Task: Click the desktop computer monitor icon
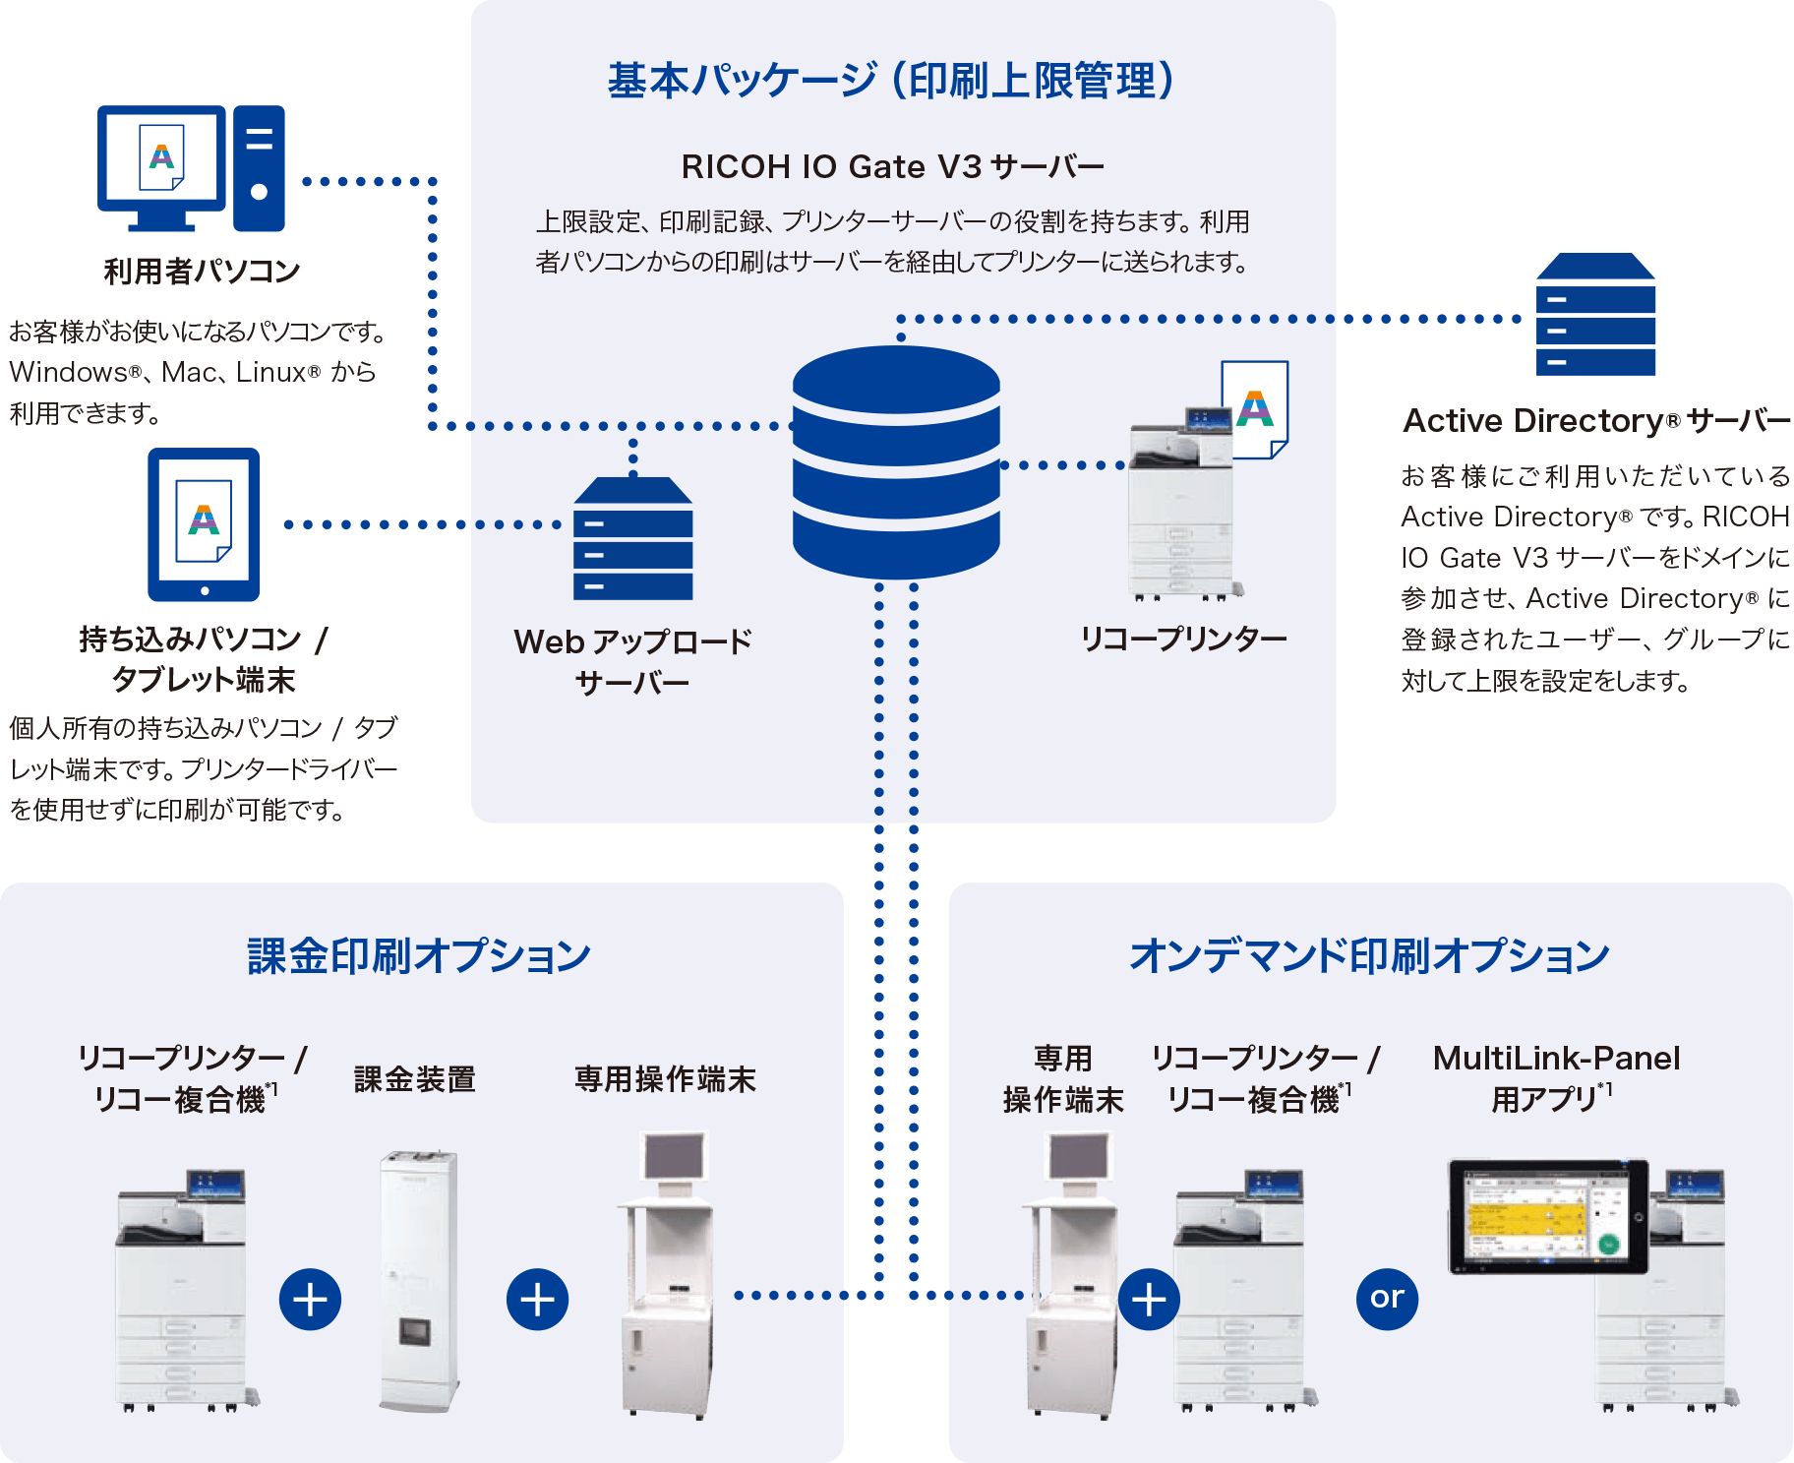pyautogui.click(x=162, y=162)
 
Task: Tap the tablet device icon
pyautogui.click(x=204, y=523)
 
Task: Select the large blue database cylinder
pyautogui.click(x=896, y=462)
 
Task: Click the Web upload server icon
pyautogui.click(x=632, y=539)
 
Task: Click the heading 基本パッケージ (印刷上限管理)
pyautogui.click(x=891, y=81)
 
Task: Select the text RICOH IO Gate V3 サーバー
pyautogui.click(x=892, y=167)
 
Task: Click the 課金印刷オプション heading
pyautogui.click(x=419, y=955)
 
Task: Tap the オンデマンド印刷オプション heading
pyautogui.click(x=1369, y=955)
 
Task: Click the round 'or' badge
pyautogui.click(x=1387, y=1299)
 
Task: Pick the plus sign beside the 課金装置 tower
pyautogui.click(x=311, y=1300)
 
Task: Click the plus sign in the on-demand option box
pyautogui.click(x=1149, y=1300)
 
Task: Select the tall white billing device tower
pyautogui.click(x=419, y=1279)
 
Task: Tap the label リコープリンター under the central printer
pyautogui.click(x=1183, y=640)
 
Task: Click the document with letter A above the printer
pyautogui.click(x=1255, y=408)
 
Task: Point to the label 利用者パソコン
pyautogui.click(x=202, y=271)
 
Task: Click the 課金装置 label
pyautogui.click(x=414, y=1079)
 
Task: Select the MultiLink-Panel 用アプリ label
pyautogui.click(x=1556, y=1078)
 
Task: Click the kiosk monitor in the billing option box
pyautogui.click(x=676, y=1157)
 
